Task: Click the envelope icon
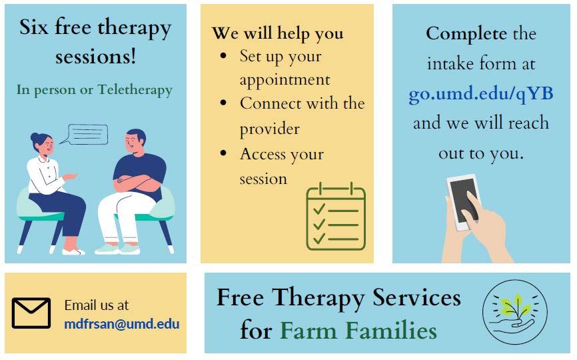pyautogui.click(x=31, y=313)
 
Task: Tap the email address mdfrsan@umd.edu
pyautogui.click(x=122, y=324)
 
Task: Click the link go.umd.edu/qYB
pyautogui.click(x=481, y=94)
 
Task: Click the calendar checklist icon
pyautogui.click(x=336, y=217)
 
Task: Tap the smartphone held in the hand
pyautogui.click(x=463, y=202)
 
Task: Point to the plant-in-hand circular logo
pyautogui.click(x=515, y=312)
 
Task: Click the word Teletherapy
pyautogui.click(x=135, y=90)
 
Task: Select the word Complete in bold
pyautogui.click(x=466, y=34)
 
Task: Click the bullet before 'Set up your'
pyautogui.click(x=223, y=56)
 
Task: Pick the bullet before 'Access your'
pyautogui.click(x=223, y=153)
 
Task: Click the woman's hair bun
pyautogui.click(x=34, y=138)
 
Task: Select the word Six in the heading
pyautogui.click(x=33, y=27)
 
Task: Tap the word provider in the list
pyautogui.click(x=269, y=129)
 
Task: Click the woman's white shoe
pyautogui.click(x=73, y=252)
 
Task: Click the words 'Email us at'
pyautogui.click(x=97, y=305)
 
